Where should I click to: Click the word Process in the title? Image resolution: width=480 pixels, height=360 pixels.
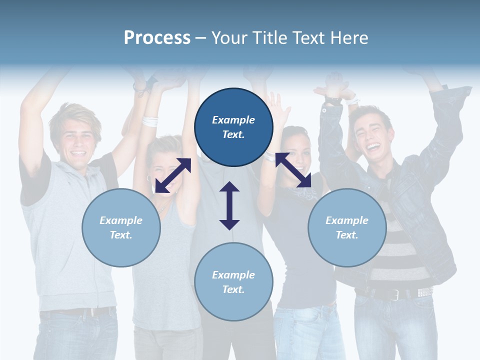click(x=157, y=38)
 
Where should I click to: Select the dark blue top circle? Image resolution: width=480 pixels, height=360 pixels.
click(x=233, y=127)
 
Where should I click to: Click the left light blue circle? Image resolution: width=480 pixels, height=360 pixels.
click(x=121, y=227)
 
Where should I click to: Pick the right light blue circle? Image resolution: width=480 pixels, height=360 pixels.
click(x=347, y=227)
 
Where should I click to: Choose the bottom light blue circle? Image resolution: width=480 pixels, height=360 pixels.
click(x=233, y=281)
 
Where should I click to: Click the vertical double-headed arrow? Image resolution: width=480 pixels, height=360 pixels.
click(x=229, y=205)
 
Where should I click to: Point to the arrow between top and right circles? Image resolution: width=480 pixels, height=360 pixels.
click(x=293, y=170)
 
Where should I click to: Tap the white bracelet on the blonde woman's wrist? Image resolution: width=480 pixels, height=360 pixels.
click(x=150, y=121)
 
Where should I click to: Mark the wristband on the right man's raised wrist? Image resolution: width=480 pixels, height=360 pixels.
click(x=332, y=100)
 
